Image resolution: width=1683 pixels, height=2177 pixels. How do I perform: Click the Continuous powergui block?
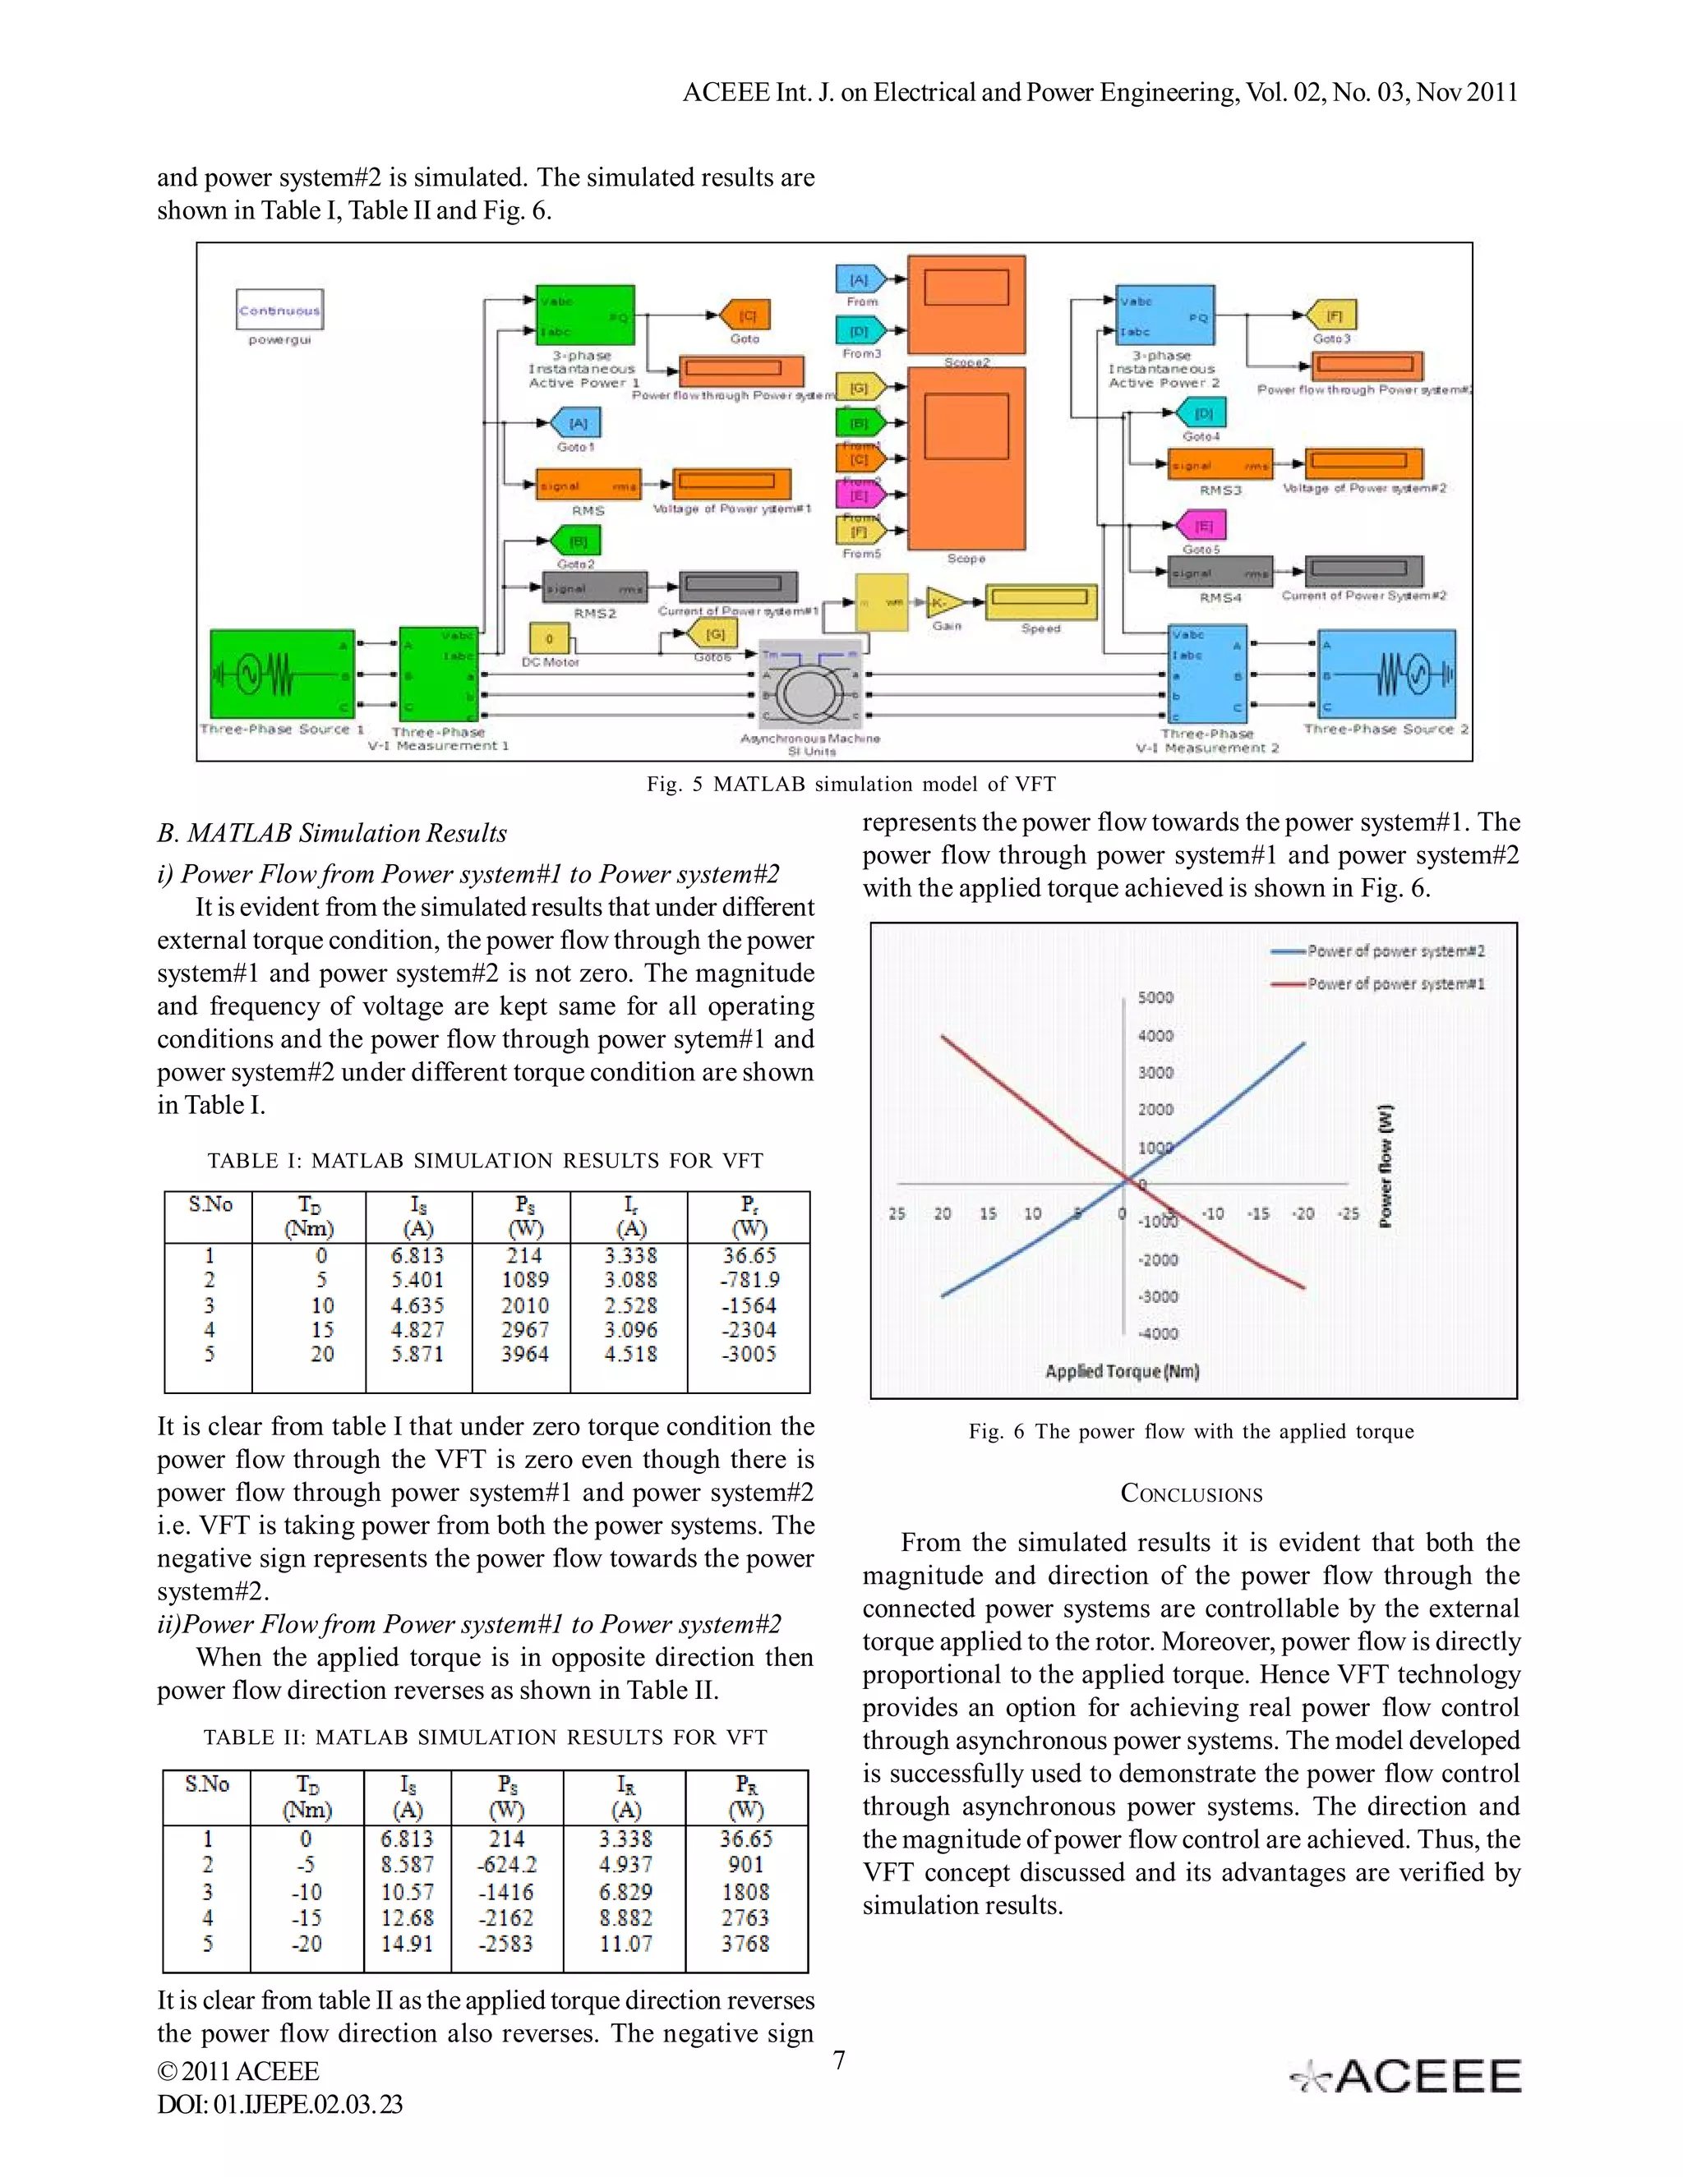[x=280, y=310]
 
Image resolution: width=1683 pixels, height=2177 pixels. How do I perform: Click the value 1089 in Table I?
[x=524, y=1280]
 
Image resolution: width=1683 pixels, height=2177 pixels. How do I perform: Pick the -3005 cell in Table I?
[x=749, y=1354]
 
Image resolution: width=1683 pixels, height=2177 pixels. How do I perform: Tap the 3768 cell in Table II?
[x=746, y=1943]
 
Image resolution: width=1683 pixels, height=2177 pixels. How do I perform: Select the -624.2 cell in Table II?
[x=506, y=1864]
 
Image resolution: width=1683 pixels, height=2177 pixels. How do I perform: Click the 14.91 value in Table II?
[x=407, y=1943]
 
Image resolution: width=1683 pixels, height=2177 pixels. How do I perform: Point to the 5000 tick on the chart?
[x=1155, y=998]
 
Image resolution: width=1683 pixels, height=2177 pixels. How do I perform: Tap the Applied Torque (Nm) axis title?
[x=1122, y=1372]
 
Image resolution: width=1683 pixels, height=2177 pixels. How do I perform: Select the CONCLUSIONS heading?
[x=1192, y=1494]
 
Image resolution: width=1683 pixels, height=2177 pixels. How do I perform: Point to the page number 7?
[x=840, y=2060]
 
